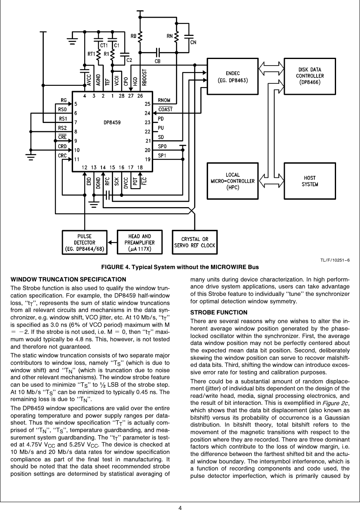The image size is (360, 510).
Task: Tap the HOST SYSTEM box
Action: click(310, 181)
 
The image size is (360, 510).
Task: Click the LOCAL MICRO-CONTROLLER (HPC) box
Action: click(232, 181)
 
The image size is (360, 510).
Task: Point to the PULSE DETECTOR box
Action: click(85, 243)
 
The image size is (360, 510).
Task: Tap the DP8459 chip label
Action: click(112, 123)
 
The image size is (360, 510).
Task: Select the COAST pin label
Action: click(166, 109)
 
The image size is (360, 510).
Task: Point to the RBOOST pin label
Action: click(144, 78)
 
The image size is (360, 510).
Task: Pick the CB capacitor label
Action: click(157, 61)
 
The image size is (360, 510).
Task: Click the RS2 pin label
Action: click(62, 128)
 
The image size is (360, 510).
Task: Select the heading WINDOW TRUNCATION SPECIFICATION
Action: click(68, 279)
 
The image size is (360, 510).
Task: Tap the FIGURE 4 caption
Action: click(180, 267)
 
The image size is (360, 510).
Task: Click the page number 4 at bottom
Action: click(180, 508)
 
